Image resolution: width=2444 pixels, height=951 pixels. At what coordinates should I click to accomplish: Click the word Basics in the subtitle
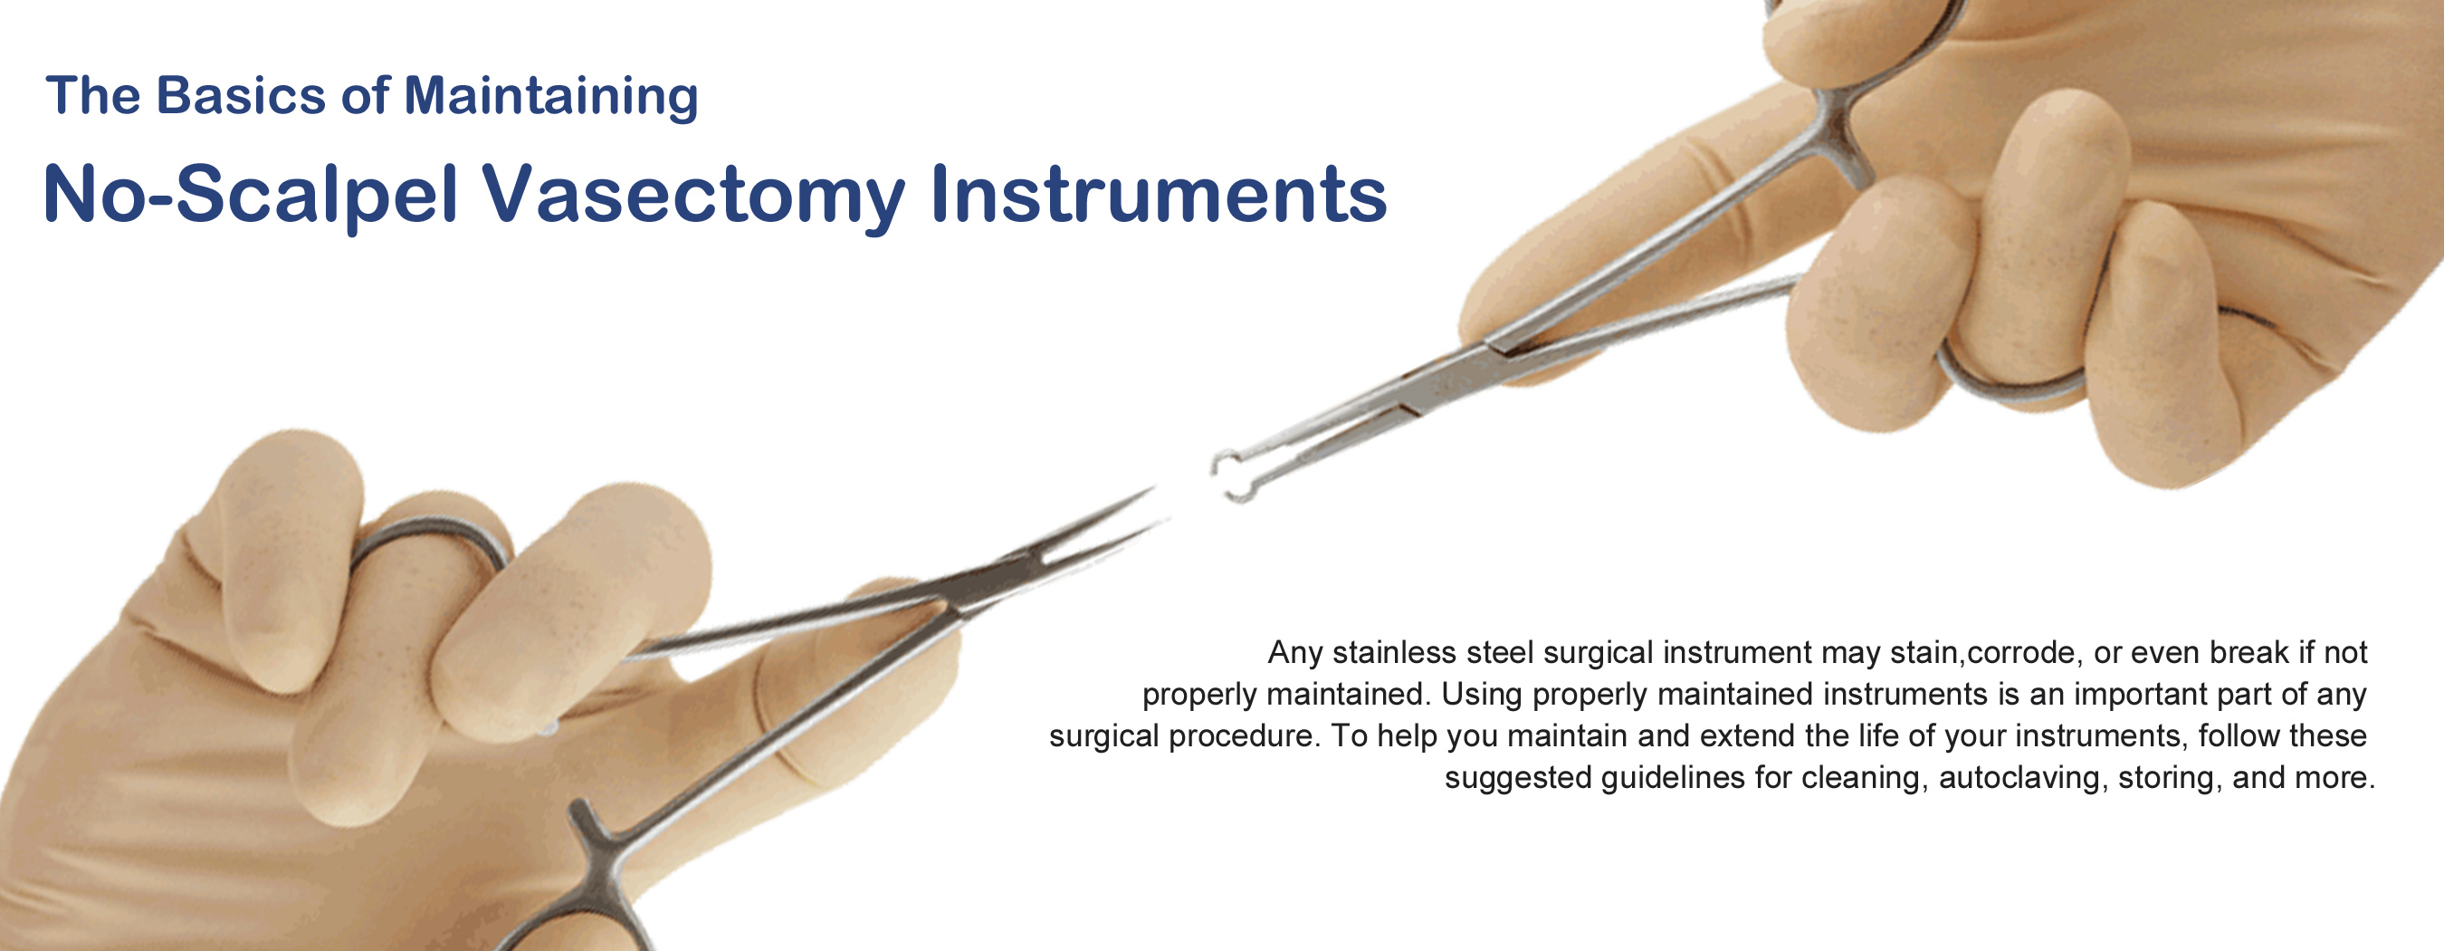pos(241,95)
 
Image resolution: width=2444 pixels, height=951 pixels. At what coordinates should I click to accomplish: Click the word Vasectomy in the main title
pos(694,197)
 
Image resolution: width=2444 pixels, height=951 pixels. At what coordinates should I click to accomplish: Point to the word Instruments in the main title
pos(1159,194)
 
